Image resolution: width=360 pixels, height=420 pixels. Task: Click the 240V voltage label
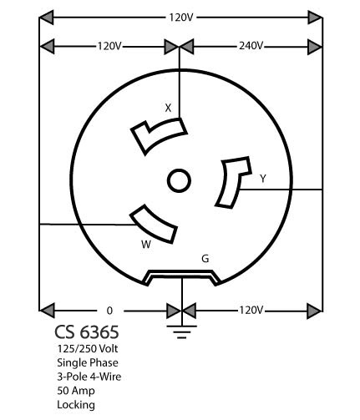click(x=251, y=46)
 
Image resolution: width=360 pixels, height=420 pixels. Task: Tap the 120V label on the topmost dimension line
click(x=181, y=18)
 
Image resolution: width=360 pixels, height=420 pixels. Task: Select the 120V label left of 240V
click(x=109, y=46)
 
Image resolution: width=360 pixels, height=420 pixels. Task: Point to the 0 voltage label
click(x=109, y=311)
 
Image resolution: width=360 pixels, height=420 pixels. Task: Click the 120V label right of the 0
click(x=251, y=310)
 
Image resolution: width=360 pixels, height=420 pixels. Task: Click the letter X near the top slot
click(x=168, y=108)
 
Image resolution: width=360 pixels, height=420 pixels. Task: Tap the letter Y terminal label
click(x=263, y=179)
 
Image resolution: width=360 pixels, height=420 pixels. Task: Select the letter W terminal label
click(x=146, y=245)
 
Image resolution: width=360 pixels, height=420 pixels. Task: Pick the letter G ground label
click(x=205, y=259)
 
